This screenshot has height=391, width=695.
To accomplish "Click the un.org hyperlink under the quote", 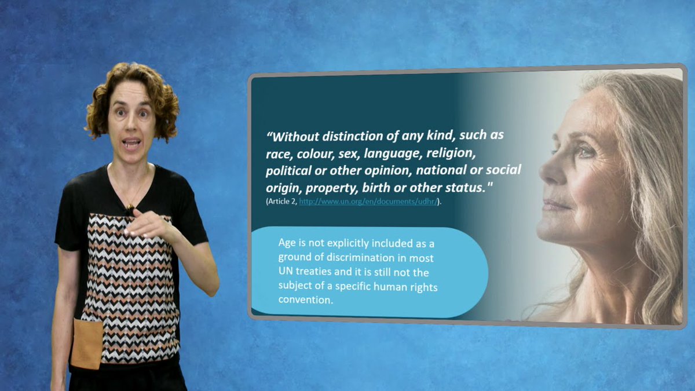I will (368, 202).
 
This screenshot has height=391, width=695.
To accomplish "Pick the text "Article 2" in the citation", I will (282, 202).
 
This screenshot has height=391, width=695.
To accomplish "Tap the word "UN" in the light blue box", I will (286, 271).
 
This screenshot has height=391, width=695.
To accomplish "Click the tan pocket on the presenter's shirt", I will (87, 345).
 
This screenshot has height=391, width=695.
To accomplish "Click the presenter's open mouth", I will (132, 142).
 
